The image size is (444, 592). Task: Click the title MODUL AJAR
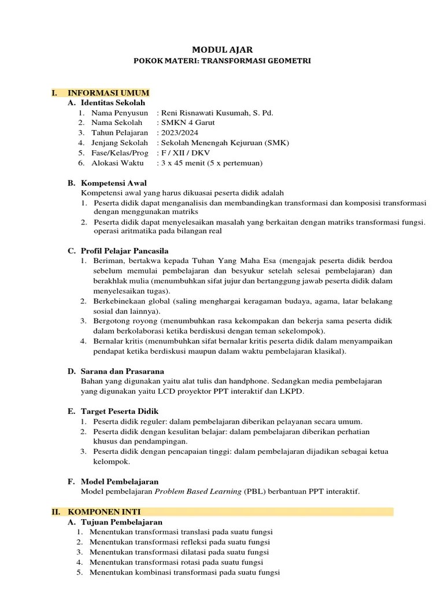[222, 50]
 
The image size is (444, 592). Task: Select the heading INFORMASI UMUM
[109, 92]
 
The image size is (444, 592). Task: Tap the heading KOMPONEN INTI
[104, 512]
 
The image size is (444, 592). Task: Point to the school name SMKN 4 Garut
[183, 123]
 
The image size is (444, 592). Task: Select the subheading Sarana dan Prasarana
[122, 371]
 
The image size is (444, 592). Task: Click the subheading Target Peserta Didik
[120, 411]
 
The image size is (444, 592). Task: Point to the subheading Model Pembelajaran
[120, 481]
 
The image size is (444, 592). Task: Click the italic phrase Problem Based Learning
[198, 491]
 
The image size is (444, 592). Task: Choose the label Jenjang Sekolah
[119, 143]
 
